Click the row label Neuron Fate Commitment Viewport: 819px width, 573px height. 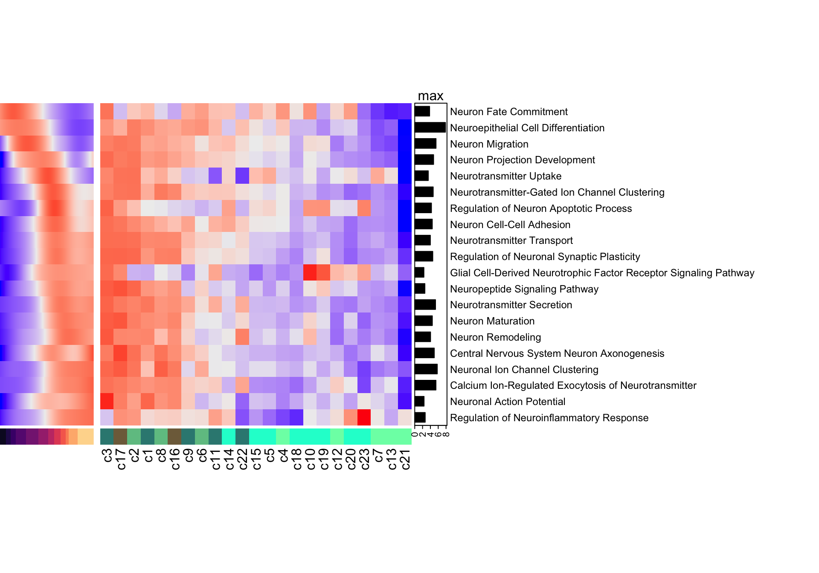[508, 112]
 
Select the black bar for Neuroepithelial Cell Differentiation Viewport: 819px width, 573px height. [430, 127]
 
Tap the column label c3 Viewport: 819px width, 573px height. [107, 455]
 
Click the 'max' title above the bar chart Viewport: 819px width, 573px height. [430, 96]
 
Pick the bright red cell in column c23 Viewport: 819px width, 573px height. [364, 418]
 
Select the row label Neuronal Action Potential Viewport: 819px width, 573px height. [507, 402]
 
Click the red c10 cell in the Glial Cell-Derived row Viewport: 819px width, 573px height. [310, 272]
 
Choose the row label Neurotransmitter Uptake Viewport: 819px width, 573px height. [505, 176]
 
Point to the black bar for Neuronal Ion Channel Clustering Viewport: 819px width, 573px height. [426, 369]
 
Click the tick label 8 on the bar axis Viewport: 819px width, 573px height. [446, 434]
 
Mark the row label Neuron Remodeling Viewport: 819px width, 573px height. [495, 337]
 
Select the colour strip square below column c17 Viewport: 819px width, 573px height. [121, 437]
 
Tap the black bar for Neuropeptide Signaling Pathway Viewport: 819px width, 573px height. [420, 289]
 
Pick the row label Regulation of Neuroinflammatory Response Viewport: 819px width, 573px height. [549, 418]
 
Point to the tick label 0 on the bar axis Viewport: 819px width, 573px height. [415, 434]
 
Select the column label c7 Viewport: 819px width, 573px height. [378, 455]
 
